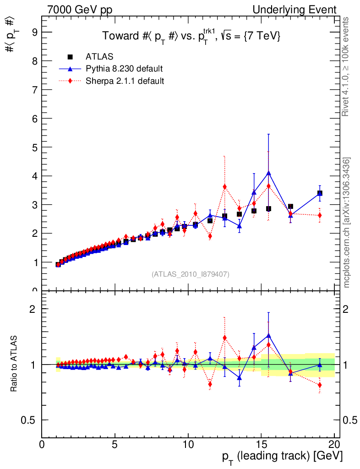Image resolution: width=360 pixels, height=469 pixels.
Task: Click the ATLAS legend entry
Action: pyautogui.click(x=99, y=57)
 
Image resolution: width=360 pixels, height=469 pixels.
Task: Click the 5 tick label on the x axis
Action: pyautogui.click(x=115, y=444)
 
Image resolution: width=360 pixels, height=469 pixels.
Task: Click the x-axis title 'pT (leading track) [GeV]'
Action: pyautogui.click(x=282, y=457)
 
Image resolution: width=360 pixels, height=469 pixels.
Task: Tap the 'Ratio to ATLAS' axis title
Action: pyautogui.click(x=14, y=365)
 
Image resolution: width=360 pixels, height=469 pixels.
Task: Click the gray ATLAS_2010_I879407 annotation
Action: pyautogui.click(x=191, y=274)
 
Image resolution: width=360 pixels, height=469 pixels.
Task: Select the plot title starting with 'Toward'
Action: pyautogui.click(x=191, y=36)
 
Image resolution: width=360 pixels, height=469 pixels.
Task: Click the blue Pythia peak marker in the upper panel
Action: pyautogui.click(x=268, y=173)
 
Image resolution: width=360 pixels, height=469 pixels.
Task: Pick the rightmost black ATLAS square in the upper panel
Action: pyautogui.click(x=320, y=193)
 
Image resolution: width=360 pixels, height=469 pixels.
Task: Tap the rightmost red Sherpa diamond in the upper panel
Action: pyautogui.click(x=320, y=215)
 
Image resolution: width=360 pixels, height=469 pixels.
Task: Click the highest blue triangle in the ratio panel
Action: pyautogui.click(x=268, y=335)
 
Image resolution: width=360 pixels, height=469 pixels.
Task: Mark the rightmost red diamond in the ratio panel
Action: pyautogui.click(x=320, y=385)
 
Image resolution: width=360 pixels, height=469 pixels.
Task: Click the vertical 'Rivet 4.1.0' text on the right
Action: pyautogui.click(x=347, y=66)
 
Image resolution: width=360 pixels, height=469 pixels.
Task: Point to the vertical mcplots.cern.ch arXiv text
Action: pyautogui.click(x=347, y=222)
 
